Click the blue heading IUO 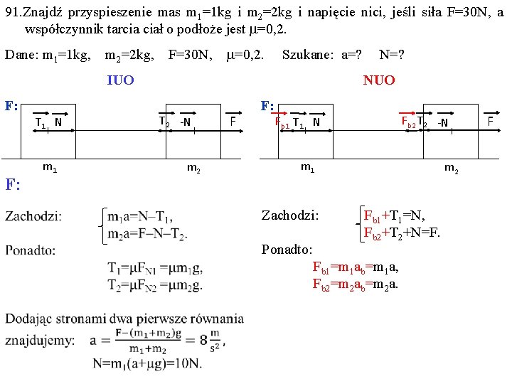(119, 80)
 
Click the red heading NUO (378, 80)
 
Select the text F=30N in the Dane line (190, 55)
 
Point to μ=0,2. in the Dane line (246, 55)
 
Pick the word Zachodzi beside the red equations (290, 215)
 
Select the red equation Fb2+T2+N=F (402, 232)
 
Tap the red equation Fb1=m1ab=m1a (356, 267)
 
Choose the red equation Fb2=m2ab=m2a (356, 284)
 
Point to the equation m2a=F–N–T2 (147, 235)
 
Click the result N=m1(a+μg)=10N (146, 363)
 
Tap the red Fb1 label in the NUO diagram (282, 122)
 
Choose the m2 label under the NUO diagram (451, 168)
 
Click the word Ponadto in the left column (31, 250)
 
